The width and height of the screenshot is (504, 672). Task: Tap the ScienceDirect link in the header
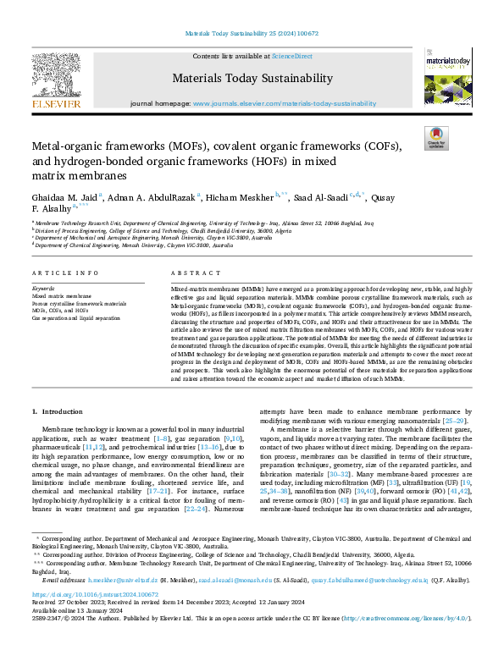click(291, 56)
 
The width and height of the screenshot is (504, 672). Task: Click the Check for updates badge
click(436, 138)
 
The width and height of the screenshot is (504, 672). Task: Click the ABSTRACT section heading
click(190, 273)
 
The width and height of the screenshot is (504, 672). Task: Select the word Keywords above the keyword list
click(46, 289)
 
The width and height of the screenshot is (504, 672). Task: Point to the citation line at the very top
click(252, 34)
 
